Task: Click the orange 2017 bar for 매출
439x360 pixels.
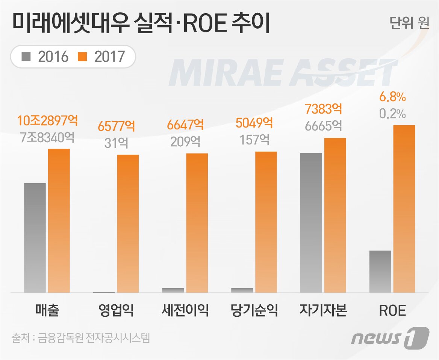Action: point(59,220)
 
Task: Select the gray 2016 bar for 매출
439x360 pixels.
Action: point(35,238)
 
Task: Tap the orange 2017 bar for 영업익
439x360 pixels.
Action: point(128,223)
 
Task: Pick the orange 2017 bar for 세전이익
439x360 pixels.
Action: point(197,223)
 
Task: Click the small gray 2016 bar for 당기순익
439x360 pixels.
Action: point(242,290)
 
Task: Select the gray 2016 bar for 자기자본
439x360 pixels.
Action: point(311,223)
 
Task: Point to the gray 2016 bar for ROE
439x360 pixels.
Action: point(380,271)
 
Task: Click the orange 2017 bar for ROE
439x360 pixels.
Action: point(404,209)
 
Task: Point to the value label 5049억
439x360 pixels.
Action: point(254,123)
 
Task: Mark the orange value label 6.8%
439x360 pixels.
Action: point(392,98)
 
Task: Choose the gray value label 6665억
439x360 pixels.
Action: point(324,126)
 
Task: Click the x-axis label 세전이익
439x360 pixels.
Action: point(185,311)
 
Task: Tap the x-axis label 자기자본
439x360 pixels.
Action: point(323,311)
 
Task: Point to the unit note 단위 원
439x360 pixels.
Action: point(409,24)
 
